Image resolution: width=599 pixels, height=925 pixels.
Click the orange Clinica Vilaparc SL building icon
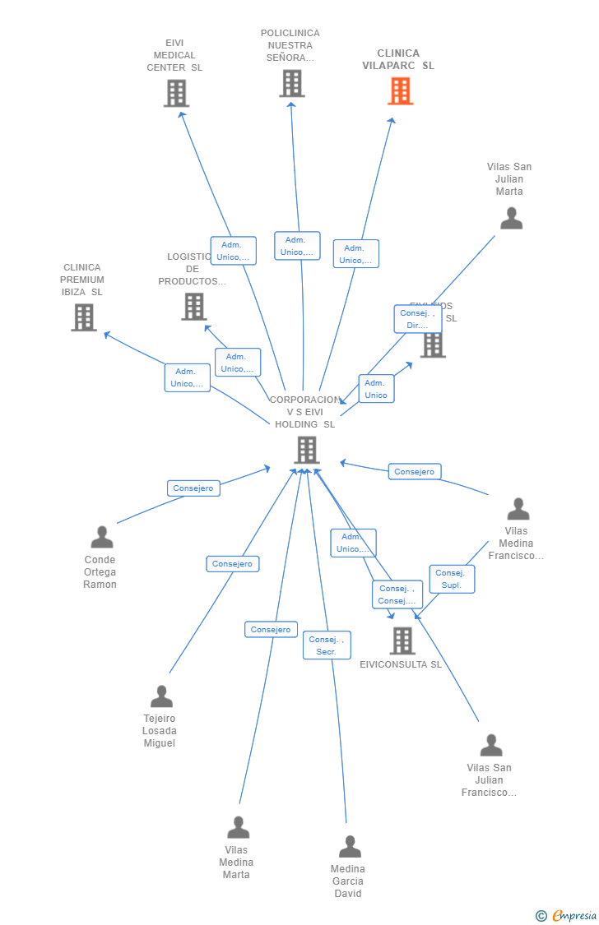(x=401, y=91)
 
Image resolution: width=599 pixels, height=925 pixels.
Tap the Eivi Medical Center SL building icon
(x=176, y=94)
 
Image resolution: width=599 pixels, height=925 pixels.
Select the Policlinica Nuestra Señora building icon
(x=292, y=84)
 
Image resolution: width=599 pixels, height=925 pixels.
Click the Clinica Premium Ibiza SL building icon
(x=83, y=317)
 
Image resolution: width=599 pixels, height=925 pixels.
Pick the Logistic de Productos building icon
(x=194, y=307)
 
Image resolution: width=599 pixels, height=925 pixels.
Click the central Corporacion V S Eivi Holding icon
(x=307, y=450)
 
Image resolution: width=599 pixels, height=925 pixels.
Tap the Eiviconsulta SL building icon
(x=402, y=641)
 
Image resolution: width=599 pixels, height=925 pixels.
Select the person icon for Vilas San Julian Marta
(x=511, y=218)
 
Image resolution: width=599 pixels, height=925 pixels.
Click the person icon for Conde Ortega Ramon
(x=102, y=537)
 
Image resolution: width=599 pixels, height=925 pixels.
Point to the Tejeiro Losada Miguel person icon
(x=161, y=696)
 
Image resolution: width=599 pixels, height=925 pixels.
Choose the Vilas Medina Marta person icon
(x=238, y=827)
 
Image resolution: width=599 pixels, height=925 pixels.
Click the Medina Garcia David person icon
(x=350, y=846)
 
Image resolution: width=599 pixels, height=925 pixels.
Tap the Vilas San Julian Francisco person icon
(x=491, y=745)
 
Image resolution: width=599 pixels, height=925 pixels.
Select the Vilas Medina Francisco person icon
(x=518, y=509)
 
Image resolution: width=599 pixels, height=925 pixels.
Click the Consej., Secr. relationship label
(x=327, y=645)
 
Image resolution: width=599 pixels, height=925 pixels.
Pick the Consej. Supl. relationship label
(x=452, y=579)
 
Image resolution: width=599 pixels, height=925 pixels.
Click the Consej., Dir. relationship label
(x=418, y=319)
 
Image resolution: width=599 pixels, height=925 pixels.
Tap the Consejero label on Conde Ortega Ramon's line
(x=193, y=488)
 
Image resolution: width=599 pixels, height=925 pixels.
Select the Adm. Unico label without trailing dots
(x=376, y=389)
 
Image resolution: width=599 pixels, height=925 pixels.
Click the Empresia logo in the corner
(x=567, y=916)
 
